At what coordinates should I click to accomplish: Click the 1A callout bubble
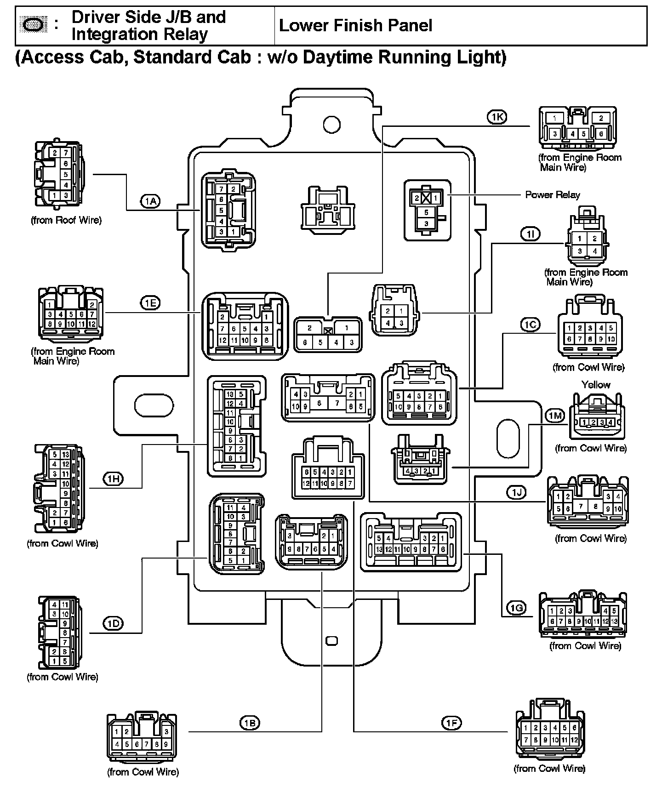tap(150, 201)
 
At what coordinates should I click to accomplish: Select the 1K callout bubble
tap(496, 117)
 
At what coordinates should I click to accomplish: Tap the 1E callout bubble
tap(150, 303)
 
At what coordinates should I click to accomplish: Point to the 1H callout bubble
tap(113, 479)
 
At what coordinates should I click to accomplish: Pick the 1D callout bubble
tap(113, 624)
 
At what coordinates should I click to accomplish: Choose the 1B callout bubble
tap(250, 723)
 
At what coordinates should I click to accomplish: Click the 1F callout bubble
tap(451, 723)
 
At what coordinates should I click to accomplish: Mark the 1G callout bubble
tap(517, 609)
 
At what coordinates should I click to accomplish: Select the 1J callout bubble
tap(517, 493)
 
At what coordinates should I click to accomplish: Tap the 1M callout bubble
tap(555, 416)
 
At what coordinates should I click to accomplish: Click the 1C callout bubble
tap(531, 325)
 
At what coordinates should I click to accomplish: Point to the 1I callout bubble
tap(531, 234)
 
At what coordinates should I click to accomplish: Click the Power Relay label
tap(553, 195)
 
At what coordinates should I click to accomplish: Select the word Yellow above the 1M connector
tap(596, 384)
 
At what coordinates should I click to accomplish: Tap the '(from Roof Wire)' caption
tap(66, 220)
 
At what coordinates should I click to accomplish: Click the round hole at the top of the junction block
tap(331, 124)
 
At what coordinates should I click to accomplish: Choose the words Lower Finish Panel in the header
tap(355, 25)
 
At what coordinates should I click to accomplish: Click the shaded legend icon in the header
tap(34, 25)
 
